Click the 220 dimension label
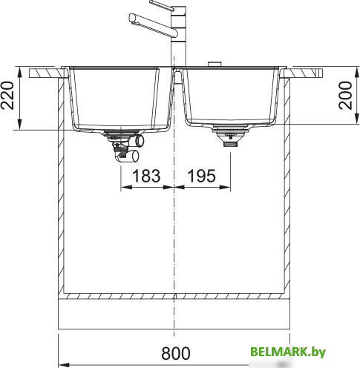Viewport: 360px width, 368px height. click(x=7, y=95)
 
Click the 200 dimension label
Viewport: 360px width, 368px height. click(x=345, y=95)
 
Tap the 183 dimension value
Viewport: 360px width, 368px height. click(x=146, y=176)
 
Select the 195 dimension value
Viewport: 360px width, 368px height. click(x=202, y=176)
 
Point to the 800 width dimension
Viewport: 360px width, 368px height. click(x=176, y=353)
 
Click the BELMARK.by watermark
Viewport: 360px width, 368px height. click(x=288, y=352)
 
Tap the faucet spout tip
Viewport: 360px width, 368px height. click(x=132, y=19)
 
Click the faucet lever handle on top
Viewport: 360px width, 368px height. click(x=162, y=5)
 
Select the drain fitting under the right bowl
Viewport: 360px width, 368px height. click(x=230, y=136)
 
